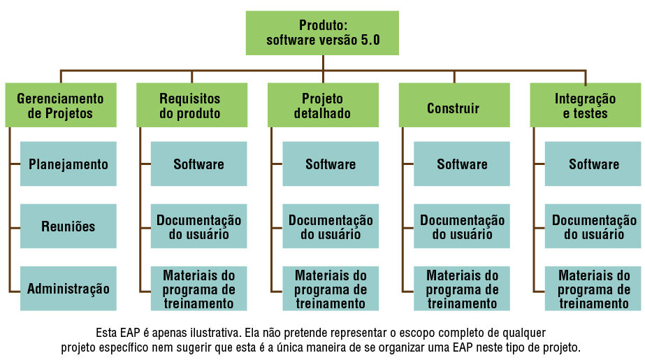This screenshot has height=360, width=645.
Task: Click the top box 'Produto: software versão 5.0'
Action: tap(322, 33)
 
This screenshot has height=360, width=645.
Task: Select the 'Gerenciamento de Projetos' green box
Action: tap(60, 106)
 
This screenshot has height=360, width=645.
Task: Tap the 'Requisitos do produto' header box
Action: tap(191, 106)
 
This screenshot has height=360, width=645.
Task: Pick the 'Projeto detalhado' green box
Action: tap(323, 106)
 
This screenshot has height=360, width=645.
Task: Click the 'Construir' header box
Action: tap(454, 108)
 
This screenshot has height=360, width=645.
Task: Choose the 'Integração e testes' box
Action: tap(585, 106)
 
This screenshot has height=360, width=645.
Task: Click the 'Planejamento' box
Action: tap(68, 164)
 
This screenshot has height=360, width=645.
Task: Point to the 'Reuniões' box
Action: tap(68, 226)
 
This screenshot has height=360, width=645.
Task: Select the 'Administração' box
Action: tap(68, 288)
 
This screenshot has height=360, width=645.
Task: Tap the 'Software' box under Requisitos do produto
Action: tap(199, 164)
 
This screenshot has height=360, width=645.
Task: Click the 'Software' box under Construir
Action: tap(462, 164)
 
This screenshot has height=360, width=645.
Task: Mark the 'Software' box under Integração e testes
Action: tap(593, 164)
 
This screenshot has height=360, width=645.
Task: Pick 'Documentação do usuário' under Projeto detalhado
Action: tap(331, 226)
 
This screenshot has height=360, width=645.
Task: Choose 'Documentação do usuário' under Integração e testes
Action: tap(593, 226)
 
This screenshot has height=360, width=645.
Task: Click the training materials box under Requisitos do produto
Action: tap(199, 288)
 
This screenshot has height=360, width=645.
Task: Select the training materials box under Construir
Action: tap(462, 288)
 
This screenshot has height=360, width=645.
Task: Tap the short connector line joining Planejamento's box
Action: tap(15, 164)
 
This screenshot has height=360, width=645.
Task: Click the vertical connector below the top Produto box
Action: tap(323, 62)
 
